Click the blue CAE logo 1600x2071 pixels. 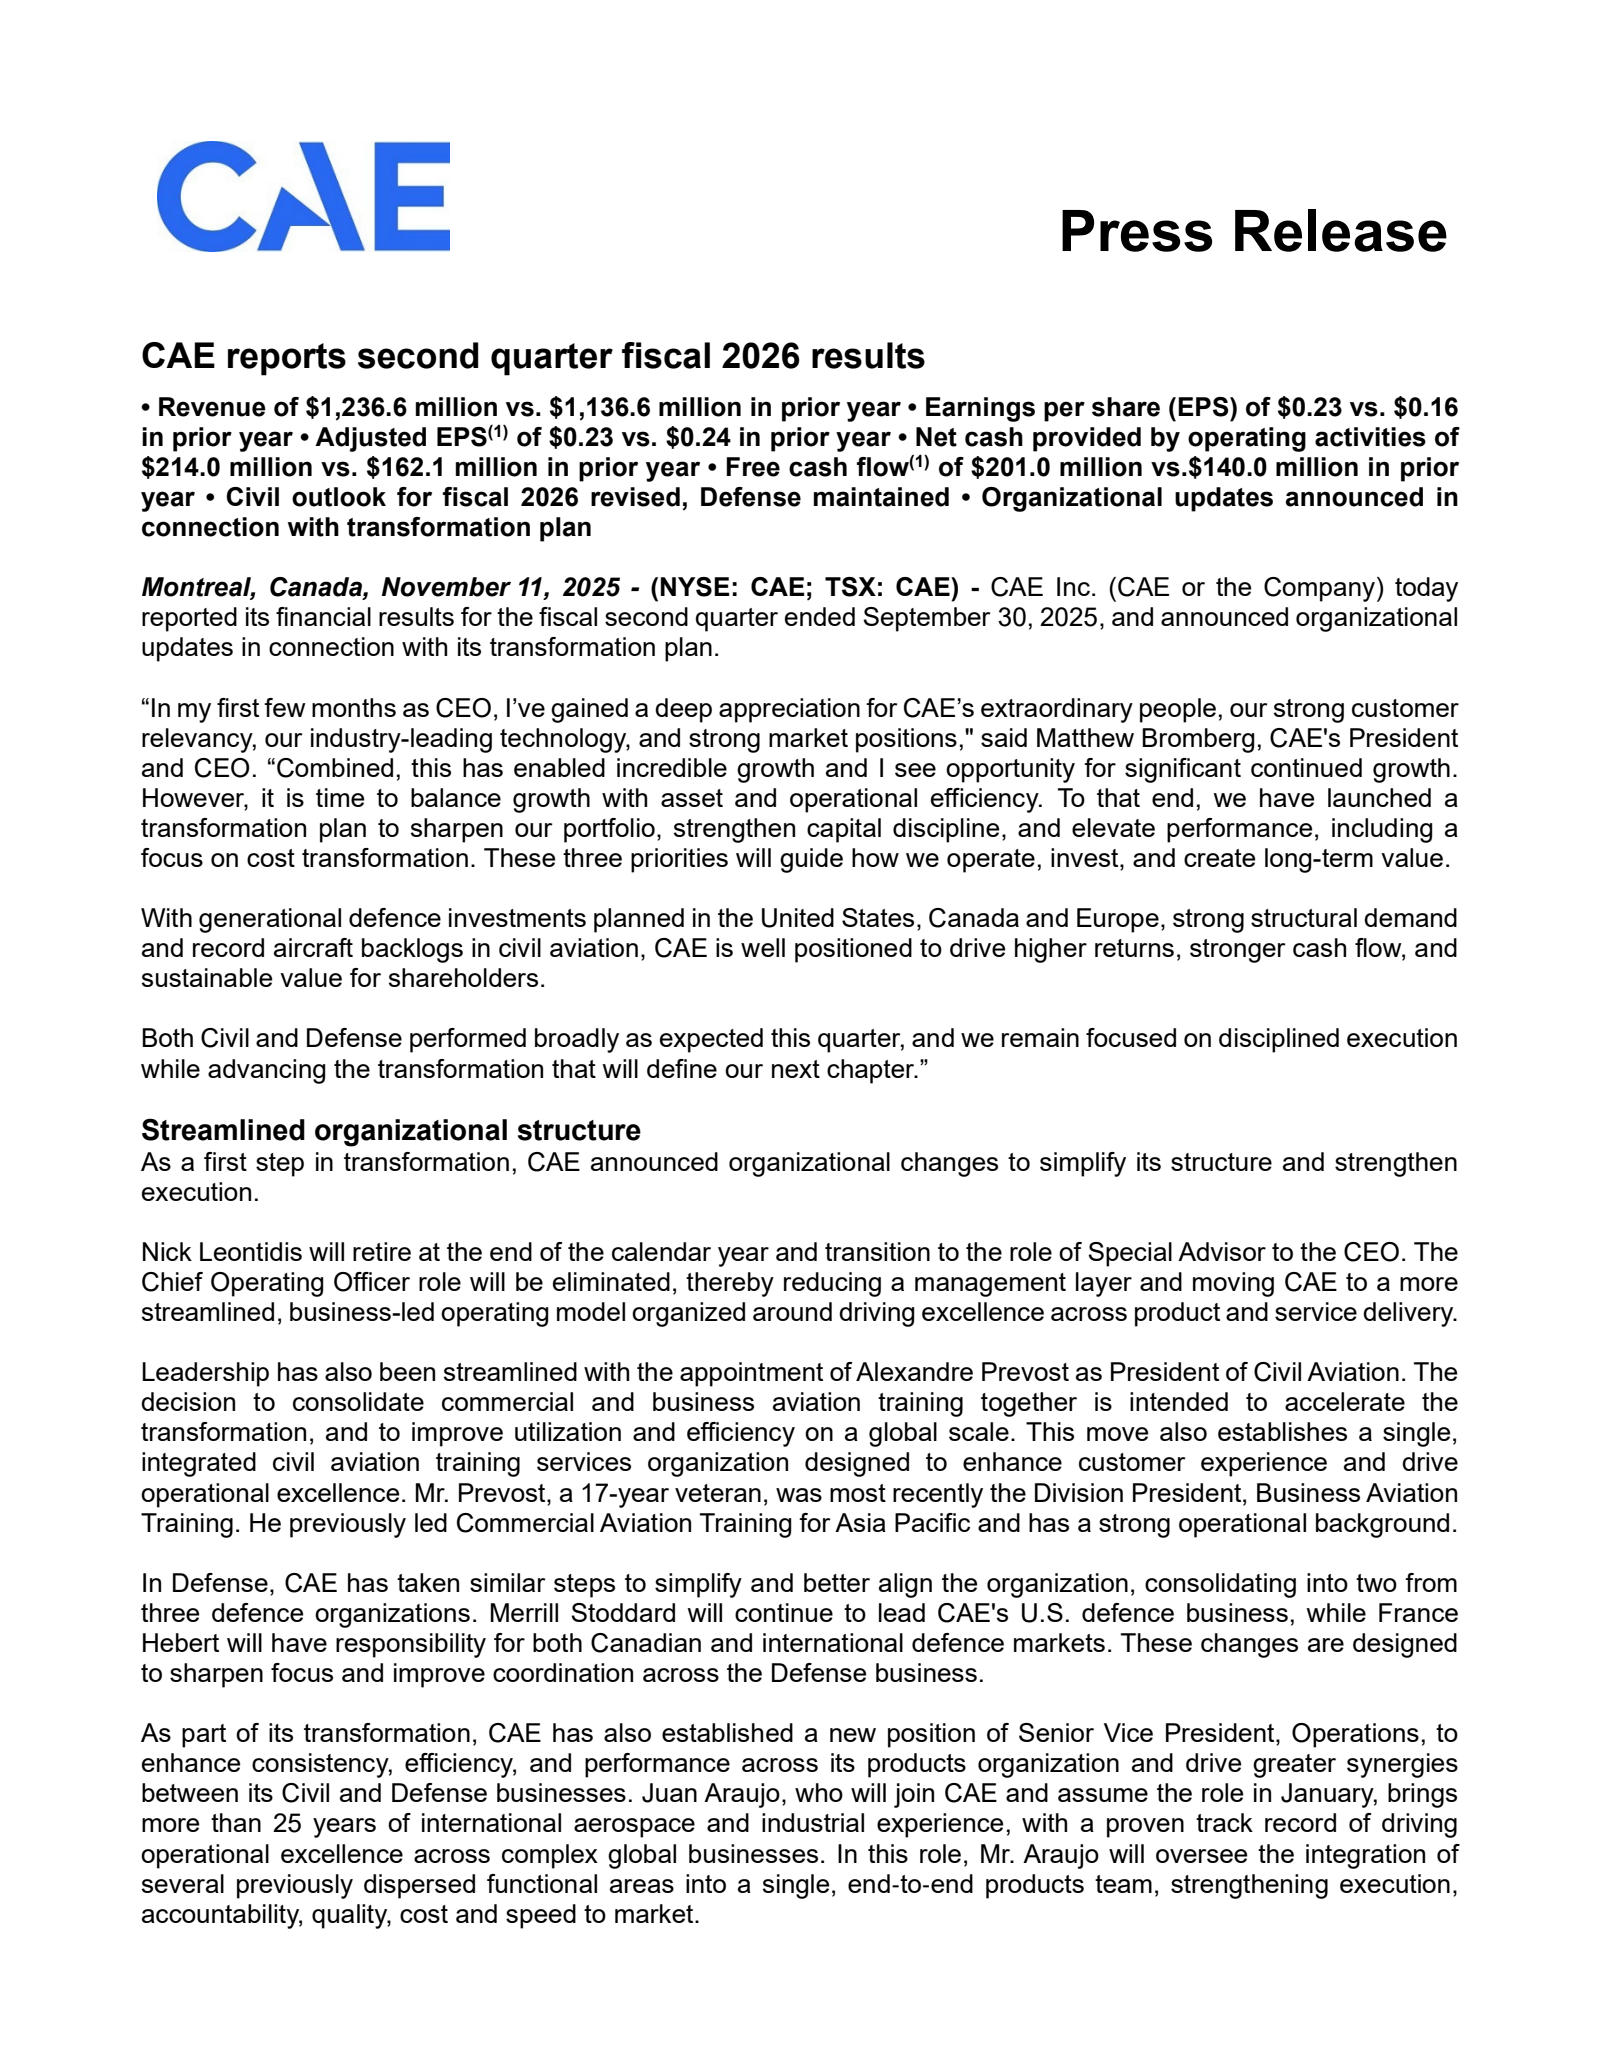click(303, 196)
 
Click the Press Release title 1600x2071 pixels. click(1252, 232)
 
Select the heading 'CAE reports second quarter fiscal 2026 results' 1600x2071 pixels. click(532, 356)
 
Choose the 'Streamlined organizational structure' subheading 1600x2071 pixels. click(390, 1131)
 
